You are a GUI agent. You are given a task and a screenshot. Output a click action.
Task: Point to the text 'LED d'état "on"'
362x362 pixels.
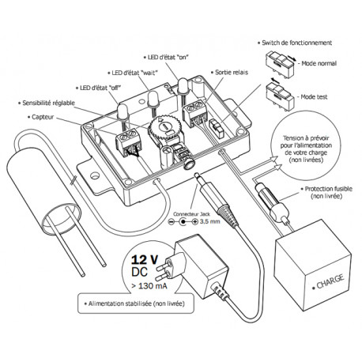pyautogui.click(x=168, y=58)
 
